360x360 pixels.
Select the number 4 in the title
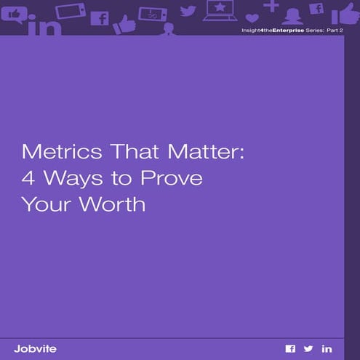pyautogui.click(x=28, y=179)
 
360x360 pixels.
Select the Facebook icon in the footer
pyautogui.click(x=290, y=349)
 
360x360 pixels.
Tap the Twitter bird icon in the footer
pyautogui.click(x=308, y=349)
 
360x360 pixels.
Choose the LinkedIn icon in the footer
pyautogui.click(x=327, y=349)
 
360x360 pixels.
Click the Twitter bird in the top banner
pyautogui.click(x=188, y=11)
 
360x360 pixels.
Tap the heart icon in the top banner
pyautogui.click(x=252, y=17)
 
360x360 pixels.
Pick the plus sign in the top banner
pyautogui.click(x=271, y=6)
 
